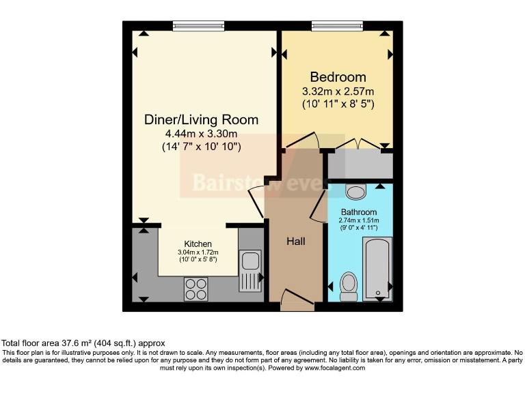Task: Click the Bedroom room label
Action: pos(338,77)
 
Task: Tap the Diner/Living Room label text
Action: pos(201,120)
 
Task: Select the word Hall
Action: pos(295,242)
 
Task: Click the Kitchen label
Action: pos(198,244)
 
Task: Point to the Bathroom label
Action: pos(359,212)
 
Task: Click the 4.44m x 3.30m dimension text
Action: pos(201,134)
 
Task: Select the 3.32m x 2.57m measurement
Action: pos(338,91)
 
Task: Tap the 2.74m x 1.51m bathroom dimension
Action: pos(359,220)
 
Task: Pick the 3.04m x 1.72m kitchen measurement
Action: pos(198,252)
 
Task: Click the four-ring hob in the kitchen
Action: pos(196,289)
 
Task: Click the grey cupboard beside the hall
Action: pos(360,164)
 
